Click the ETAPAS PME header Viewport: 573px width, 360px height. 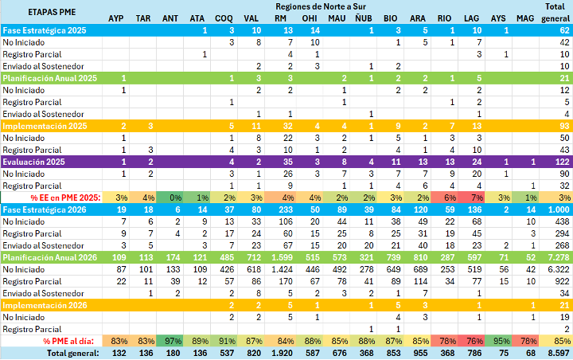29,12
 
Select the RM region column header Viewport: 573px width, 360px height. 281,18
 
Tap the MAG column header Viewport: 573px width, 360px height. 525,18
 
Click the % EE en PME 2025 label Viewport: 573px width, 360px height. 65,198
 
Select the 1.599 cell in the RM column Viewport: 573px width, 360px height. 281,258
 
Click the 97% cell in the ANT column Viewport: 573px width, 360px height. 170,342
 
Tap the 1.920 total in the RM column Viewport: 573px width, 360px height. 281,354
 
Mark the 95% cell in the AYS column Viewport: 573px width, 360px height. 500,342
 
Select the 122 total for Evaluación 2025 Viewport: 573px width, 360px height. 560,162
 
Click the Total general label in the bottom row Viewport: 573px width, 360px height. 71,354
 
